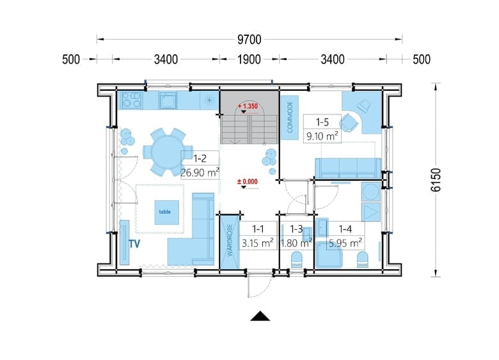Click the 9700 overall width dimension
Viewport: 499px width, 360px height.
click(x=249, y=40)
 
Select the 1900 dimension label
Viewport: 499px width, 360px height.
click(x=249, y=59)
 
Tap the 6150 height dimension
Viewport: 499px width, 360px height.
click(x=436, y=180)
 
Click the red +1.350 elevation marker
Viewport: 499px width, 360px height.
click(x=248, y=106)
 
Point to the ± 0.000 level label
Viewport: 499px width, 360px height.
click(x=248, y=182)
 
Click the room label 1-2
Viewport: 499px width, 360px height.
click(x=200, y=158)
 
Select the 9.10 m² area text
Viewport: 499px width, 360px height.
click(x=322, y=136)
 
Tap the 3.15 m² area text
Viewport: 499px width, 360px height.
click(x=257, y=243)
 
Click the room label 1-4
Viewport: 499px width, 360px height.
click(x=345, y=229)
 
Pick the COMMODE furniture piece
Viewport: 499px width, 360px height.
click(x=290, y=118)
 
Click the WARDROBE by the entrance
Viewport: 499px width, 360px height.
click(x=230, y=242)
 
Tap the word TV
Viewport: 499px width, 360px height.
click(x=134, y=244)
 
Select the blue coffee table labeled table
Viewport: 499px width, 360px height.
click(x=167, y=212)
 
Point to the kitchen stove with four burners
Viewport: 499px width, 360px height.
click(x=131, y=100)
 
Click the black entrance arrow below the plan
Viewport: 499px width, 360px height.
click(x=260, y=316)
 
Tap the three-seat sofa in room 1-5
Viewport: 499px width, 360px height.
click(x=347, y=168)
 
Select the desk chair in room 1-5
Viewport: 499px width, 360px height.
click(x=348, y=123)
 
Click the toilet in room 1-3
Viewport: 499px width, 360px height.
click(x=297, y=260)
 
